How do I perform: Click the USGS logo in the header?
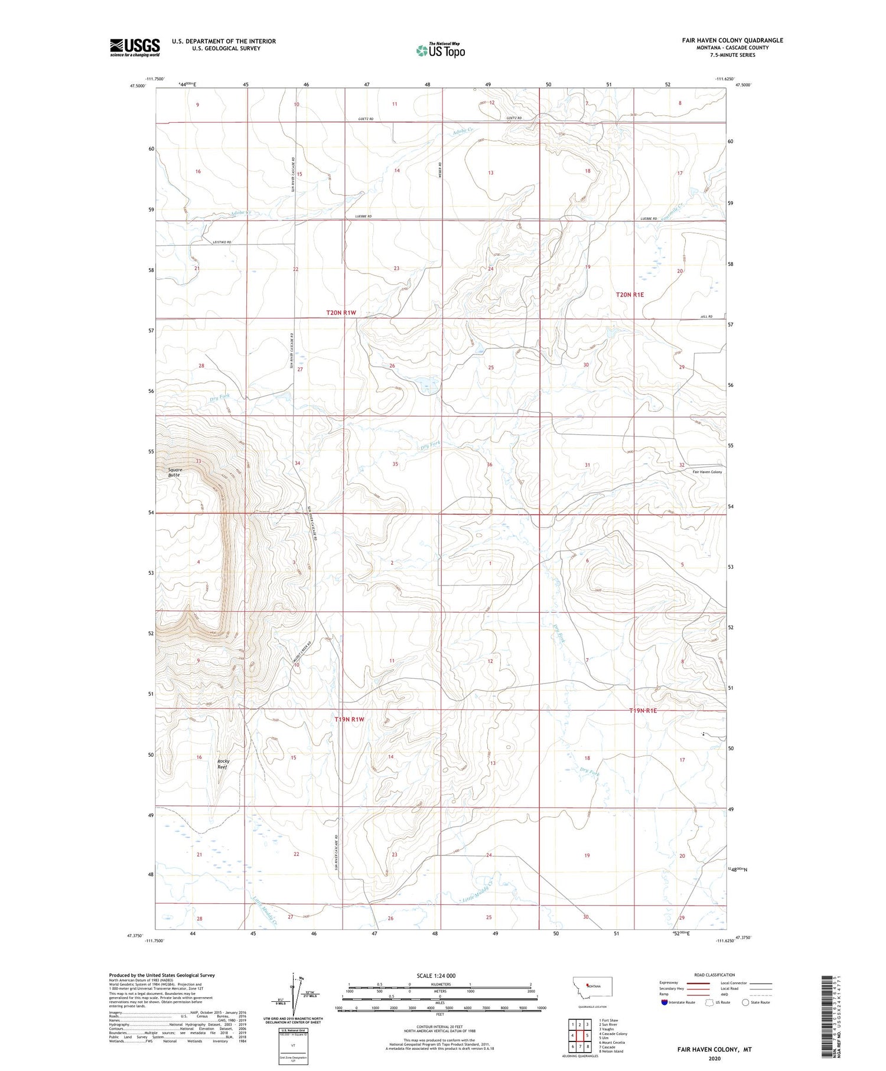[135, 47]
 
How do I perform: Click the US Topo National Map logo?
[441, 50]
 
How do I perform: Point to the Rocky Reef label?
[223, 764]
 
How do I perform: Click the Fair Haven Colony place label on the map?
[707, 472]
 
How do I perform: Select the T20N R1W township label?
[341, 312]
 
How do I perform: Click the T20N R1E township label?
[630, 294]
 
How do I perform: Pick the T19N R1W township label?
[349, 720]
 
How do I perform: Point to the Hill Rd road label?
[706, 317]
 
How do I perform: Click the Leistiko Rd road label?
[221, 242]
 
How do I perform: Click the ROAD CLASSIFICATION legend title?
[714, 975]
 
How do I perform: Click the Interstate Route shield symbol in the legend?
[664, 1002]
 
